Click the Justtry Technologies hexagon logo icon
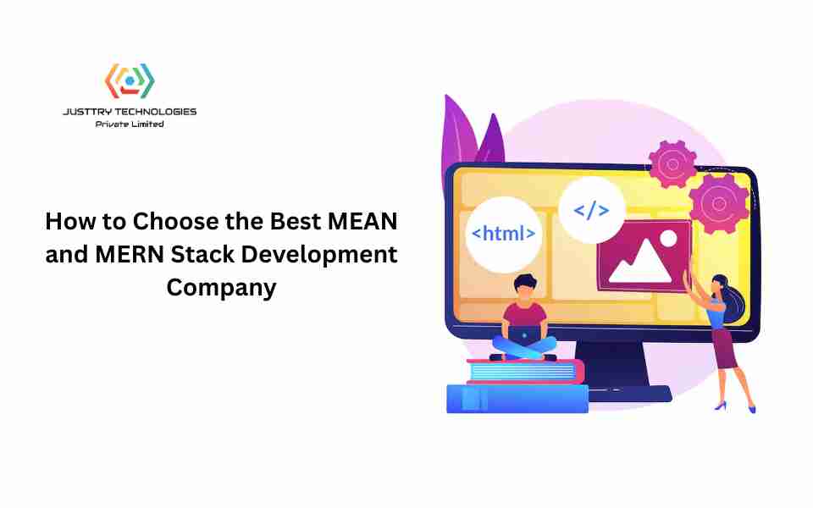[130, 80]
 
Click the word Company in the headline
[221, 288]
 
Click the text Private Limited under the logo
[130, 124]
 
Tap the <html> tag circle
[503, 235]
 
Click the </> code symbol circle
[592, 210]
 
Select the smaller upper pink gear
[672, 164]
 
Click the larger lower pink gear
[719, 204]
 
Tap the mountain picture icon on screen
[644, 256]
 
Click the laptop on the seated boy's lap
[524, 336]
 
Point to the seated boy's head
[525, 287]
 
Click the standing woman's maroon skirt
[726, 348]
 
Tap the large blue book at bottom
[517, 399]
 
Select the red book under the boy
[525, 371]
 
